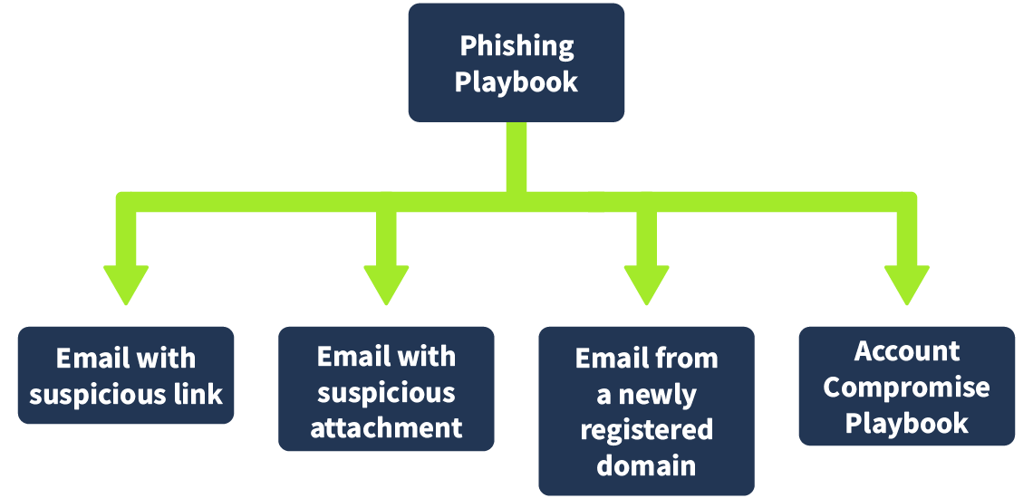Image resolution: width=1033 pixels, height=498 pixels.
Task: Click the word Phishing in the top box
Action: [516, 46]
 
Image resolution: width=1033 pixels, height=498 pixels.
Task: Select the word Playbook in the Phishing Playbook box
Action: [516, 82]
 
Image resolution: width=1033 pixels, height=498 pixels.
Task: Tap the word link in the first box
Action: [202, 395]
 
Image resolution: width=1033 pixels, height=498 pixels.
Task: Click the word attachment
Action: [386, 427]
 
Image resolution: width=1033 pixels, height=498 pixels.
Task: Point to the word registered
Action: [646, 430]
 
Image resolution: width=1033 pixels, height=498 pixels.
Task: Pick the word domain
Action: [646, 465]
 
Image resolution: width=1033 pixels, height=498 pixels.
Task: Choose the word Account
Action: [906, 351]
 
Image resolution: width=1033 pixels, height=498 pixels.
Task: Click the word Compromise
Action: [906, 388]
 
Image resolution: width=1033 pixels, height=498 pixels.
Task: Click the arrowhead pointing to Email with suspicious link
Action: [125, 284]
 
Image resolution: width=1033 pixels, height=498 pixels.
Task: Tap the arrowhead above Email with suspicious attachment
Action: [386, 284]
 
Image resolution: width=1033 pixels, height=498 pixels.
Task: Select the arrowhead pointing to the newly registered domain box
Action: [646, 284]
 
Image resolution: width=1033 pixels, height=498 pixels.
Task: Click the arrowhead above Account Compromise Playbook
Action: [906, 284]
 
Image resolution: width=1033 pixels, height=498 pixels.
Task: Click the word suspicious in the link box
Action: [101, 395]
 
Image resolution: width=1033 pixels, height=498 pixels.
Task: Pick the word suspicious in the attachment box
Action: [386, 392]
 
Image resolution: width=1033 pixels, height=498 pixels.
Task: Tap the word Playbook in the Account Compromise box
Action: [906, 423]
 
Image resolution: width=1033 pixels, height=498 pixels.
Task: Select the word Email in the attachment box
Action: [350, 357]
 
